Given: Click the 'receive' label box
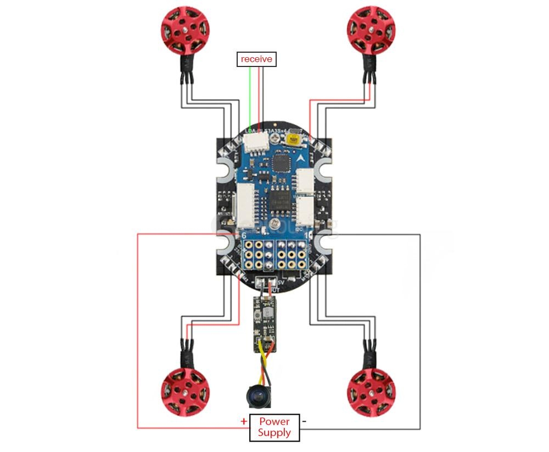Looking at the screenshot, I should [256, 59].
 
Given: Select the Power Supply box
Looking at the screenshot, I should [274, 427].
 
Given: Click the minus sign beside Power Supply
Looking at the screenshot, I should [305, 421].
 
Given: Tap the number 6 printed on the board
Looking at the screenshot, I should [244, 235].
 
